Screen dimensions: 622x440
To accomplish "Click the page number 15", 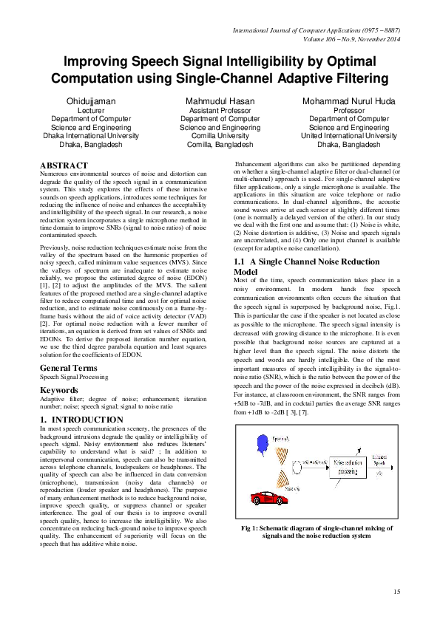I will click(x=396, y=590).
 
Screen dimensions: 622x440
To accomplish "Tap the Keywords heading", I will click(x=59, y=390).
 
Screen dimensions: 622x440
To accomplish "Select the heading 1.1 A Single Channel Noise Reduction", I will click(x=306, y=262).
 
